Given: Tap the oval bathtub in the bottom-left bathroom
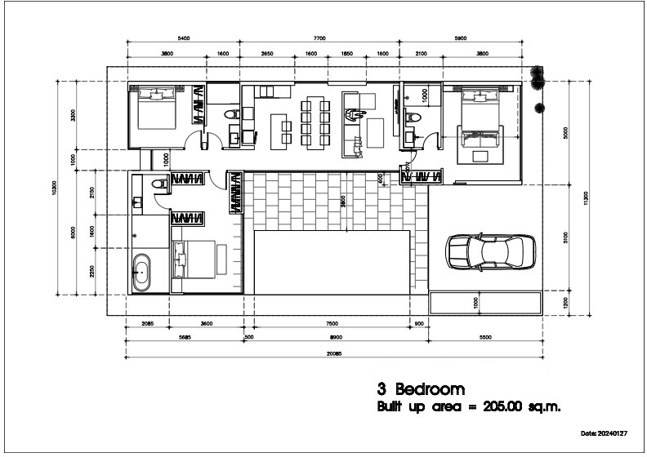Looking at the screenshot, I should click(x=142, y=273).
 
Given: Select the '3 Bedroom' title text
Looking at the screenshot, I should click(x=421, y=389).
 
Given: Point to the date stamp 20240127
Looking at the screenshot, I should click(x=623, y=433).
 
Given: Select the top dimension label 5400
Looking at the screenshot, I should click(x=183, y=38).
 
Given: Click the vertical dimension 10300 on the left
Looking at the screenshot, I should click(x=55, y=187).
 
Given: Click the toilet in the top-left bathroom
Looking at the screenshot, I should click(x=233, y=114).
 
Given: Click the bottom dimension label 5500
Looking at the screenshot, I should click(x=485, y=337).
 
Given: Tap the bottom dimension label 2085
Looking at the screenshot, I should click(x=147, y=324).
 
